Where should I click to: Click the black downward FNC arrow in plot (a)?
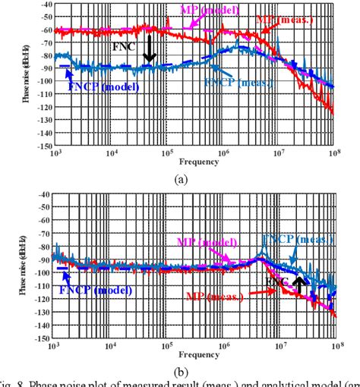click(150, 49)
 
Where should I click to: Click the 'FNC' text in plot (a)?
click(124, 46)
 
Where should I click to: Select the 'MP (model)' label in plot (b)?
click(205, 242)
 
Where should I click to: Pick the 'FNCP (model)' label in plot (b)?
click(93, 288)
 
